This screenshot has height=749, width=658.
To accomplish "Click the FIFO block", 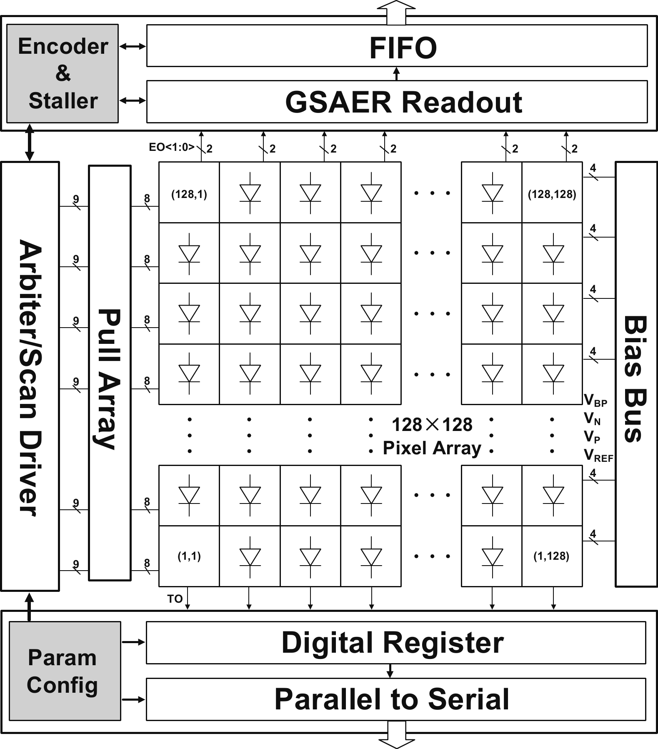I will click(x=397, y=46).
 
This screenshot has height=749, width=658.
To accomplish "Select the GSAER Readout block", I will click(x=397, y=102).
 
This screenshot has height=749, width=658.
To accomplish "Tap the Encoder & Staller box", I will click(x=63, y=74).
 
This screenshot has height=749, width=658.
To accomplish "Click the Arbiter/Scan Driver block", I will click(x=30, y=376).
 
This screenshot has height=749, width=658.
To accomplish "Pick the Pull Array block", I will click(x=110, y=373).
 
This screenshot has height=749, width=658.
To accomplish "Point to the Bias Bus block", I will click(x=636, y=374).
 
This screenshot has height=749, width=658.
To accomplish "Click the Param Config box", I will click(x=65, y=671).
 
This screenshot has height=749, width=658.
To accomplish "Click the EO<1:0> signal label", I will click(x=172, y=147).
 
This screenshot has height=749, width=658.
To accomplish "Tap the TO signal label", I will click(x=175, y=599).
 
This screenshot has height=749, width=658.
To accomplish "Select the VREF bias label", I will click(x=598, y=455).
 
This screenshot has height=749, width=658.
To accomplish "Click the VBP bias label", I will click(x=595, y=401).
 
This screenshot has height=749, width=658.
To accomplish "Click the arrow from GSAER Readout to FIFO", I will click(x=396, y=74).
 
